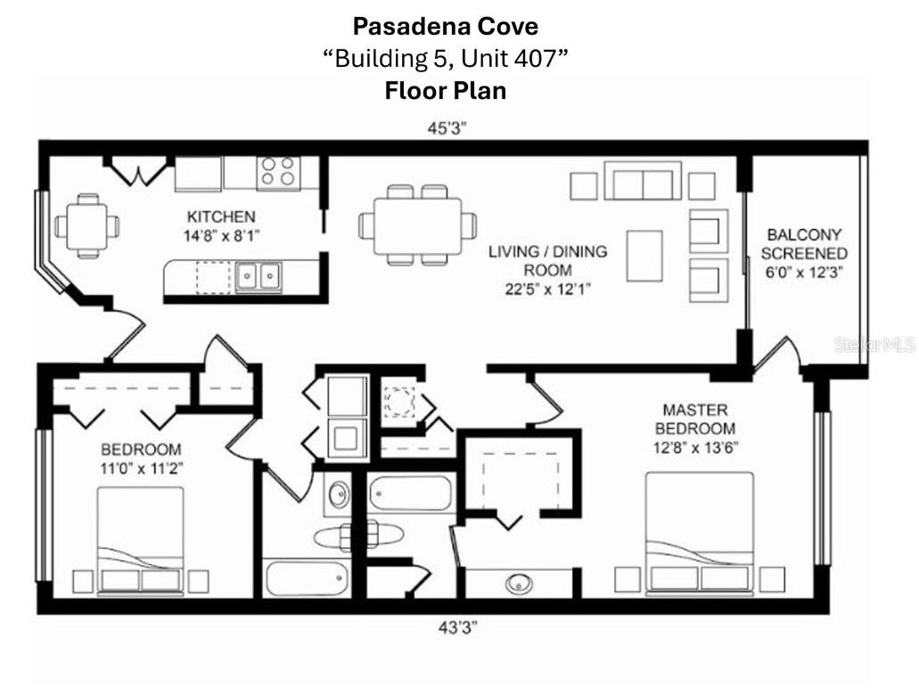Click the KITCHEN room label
pos(221,217)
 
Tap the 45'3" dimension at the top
pos(447,127)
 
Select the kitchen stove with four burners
pos(278,172)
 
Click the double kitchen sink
pos(258,276)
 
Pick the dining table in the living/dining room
pos(417,226)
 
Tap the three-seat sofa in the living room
pos(643,181)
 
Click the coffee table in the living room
pos(644,255)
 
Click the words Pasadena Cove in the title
pos(446,25)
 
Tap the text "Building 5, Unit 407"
pos(446,58)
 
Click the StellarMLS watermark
pos(874,345)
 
